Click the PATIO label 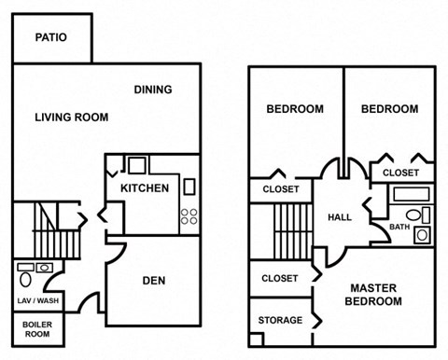52,38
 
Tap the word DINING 152,90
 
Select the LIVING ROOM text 71,118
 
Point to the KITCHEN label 145,188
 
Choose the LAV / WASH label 36,301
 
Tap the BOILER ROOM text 36,328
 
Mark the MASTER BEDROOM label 377,295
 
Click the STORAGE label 280,321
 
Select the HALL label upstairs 340,217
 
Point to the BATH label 399,227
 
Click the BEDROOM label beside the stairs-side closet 295,109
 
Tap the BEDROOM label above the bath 389,109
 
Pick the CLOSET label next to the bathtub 401,173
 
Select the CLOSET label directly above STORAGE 280,278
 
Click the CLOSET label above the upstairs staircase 281,189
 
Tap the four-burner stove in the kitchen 189,216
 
